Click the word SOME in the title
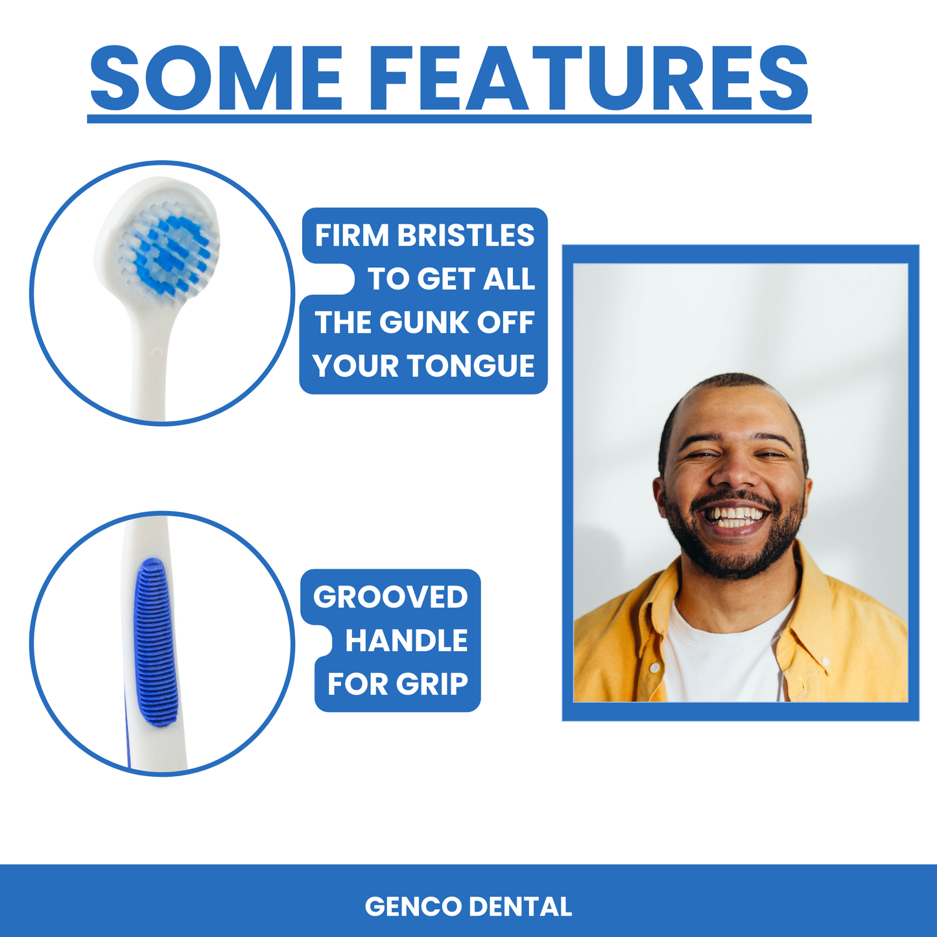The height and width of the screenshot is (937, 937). tap(217, 78)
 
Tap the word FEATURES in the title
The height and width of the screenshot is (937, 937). tap(589, 78)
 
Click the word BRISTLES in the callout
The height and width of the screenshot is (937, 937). tap(466, 235)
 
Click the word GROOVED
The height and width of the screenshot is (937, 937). tap(390, 597)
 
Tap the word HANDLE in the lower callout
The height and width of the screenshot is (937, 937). tap(407, 641)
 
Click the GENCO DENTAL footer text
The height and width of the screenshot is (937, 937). tap(468, 906)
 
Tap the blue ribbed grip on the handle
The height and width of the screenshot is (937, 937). tap(156, 643)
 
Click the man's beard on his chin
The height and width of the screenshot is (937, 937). tap(735, 559)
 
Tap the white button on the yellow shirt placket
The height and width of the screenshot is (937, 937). tap(654, 667)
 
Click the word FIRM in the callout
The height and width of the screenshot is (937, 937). tap(353, 235)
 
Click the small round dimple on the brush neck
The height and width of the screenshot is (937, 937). tap(157, 352)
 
